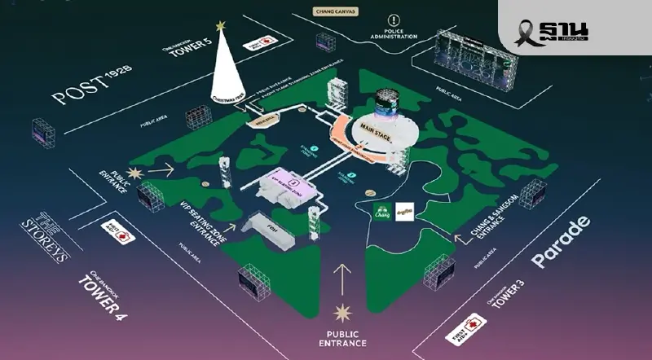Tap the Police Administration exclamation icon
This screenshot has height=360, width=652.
pos(393,20)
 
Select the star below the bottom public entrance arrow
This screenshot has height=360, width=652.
pos(342,310)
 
